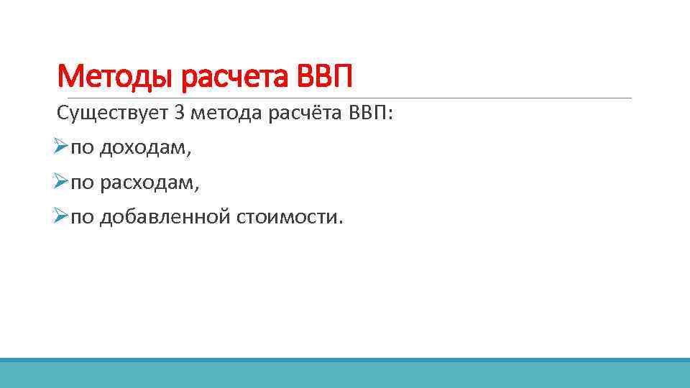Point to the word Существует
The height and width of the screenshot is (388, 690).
(x=112, y=114)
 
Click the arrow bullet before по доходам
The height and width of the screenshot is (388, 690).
(x=60, y=148)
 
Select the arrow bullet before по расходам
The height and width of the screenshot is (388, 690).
(x=60, y=183)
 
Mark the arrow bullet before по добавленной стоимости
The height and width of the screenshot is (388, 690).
(x=60, y=217)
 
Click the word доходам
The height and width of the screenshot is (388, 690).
(x=143, y=149)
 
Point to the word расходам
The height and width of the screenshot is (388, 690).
(x=147, y=183)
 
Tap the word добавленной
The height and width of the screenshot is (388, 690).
(x=165, y=217)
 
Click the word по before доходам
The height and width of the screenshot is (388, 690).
(x=82, y=149)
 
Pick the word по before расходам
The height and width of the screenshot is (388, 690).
(x=82, y=183)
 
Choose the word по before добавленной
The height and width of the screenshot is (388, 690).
(x=82, y=217)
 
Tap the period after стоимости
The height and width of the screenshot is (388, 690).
(x=341, y=222)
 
